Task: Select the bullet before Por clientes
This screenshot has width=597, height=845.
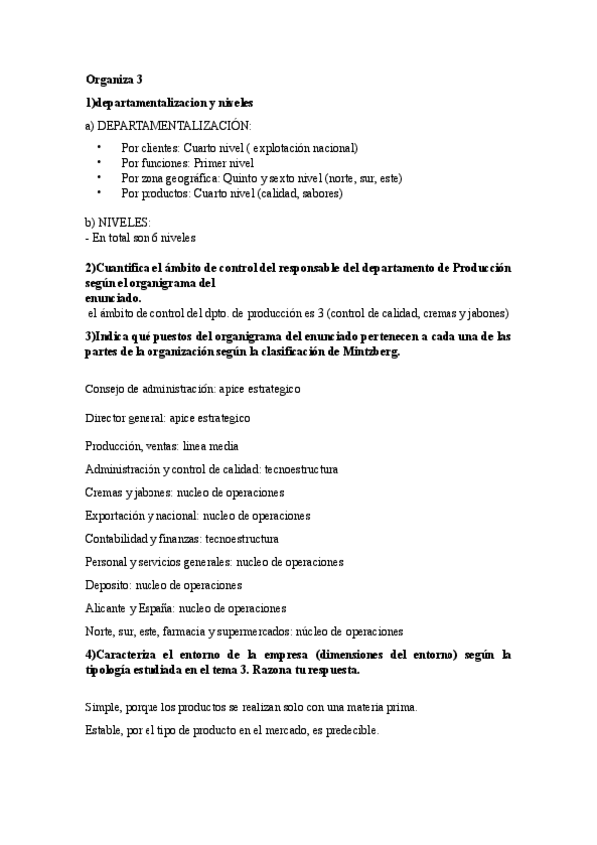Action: tap(100, 147)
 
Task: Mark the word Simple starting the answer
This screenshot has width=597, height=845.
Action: tap(102, 706)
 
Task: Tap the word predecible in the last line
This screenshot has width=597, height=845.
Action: tap(350, 729)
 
